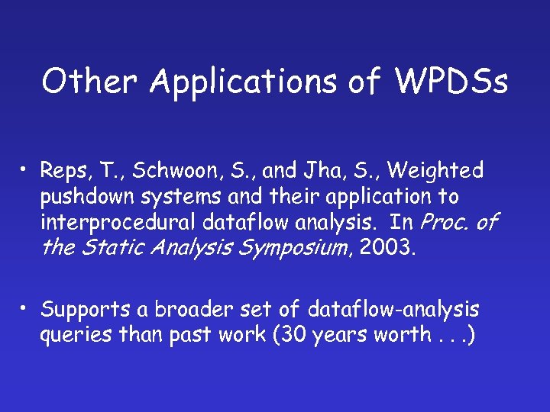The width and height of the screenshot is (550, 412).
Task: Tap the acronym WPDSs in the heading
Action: (x=451, y=81)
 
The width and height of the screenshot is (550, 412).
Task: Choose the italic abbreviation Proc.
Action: (x=446, y=223)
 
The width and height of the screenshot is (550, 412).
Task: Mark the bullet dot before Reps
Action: (x=26, y=169)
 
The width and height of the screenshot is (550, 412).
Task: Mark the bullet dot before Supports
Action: (x=26, y=307)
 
